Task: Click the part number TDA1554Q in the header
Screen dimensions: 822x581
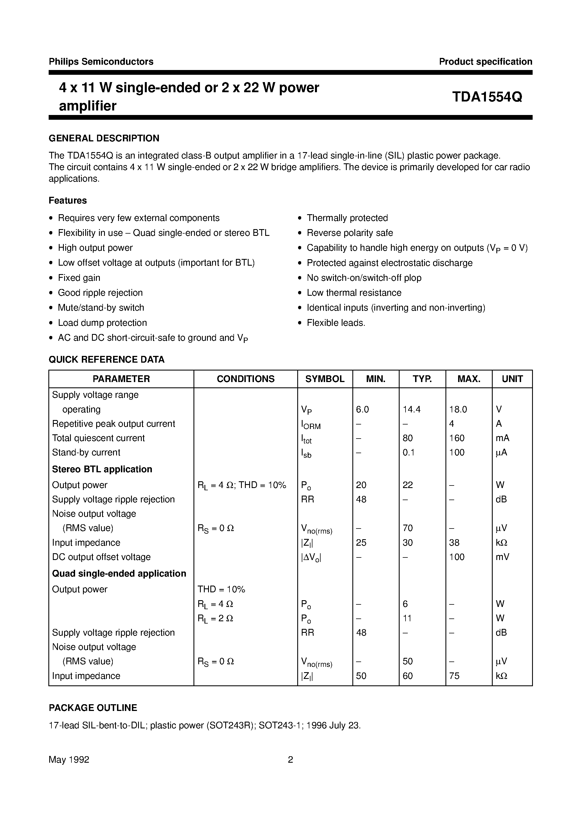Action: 487,97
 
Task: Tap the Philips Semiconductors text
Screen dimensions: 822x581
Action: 101,62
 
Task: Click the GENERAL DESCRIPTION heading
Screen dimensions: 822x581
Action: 104,138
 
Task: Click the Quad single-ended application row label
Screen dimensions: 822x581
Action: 119,573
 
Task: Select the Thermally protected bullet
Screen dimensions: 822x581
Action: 347,218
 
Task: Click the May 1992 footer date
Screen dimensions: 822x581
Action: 69,759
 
